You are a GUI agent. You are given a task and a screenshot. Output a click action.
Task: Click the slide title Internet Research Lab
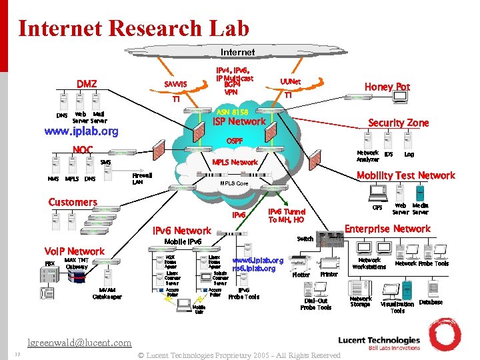pos(133,28)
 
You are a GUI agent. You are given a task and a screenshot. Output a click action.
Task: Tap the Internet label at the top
pos(237,52)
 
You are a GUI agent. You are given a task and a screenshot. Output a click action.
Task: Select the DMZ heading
pos(86,84)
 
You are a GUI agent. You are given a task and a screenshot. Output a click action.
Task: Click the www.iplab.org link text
pos(81,131)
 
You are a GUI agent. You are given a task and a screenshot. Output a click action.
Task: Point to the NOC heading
pos(83,149)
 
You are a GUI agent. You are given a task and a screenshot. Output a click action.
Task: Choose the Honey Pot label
pos(387,87)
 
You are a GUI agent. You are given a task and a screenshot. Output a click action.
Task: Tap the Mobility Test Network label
pos(405,175)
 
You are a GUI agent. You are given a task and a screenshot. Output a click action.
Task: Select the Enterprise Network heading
pos(387,229)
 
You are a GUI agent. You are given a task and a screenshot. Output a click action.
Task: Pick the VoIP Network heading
pos(74,251)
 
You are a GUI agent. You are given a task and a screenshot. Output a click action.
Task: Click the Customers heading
pos(73,202)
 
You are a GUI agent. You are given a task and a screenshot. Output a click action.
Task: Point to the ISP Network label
pos(239,121)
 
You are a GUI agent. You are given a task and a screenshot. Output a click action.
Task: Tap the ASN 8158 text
pos(233,111)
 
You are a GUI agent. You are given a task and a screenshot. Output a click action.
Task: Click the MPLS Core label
pos(234,183)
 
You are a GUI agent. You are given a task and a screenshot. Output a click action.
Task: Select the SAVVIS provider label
pos(175,84)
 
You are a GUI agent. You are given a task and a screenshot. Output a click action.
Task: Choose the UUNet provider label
pos(290,82)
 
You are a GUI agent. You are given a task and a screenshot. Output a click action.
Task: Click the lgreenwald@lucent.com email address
pos(79,343)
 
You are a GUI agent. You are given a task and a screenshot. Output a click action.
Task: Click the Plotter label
pos(301,275)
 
